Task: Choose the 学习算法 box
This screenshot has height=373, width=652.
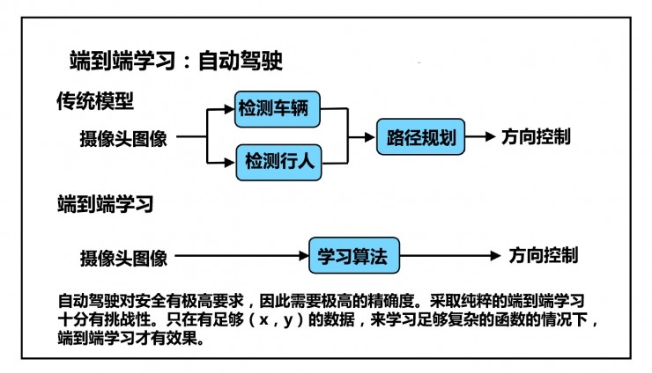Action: [x=353, y=257]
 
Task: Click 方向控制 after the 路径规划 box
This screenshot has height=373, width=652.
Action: [x=536, y=137]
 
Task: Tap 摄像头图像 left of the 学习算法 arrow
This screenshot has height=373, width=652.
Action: [x=123, y=258]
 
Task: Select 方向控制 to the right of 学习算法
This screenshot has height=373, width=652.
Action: [x=544, y=256]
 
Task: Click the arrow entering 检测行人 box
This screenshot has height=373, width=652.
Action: [x=220, y=161]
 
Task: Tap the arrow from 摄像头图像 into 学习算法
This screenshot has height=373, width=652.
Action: [x=238, y=258]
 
